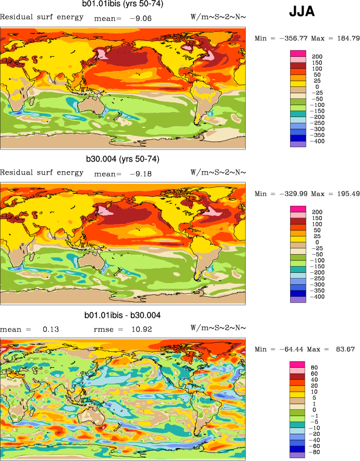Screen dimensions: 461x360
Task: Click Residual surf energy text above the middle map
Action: [42, 172]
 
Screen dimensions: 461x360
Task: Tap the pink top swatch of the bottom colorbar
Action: [298, 364]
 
